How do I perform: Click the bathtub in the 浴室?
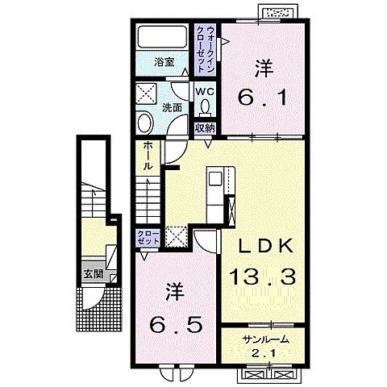click(162, 37)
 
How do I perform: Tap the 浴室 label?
click(164, 62)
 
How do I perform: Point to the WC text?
click(205, 91)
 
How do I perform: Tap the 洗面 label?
click(172, 108)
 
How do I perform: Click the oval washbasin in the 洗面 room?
click(145, 123)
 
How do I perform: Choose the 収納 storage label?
click(205, 129)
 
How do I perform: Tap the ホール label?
click(148, 156)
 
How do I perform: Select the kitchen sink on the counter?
click(215, 179)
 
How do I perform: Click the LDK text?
click(266, 246)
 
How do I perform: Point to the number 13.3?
click(262, 277)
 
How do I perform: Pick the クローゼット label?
click(148, 237)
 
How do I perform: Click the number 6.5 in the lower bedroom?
click(177, 324)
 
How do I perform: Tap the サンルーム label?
click(265, 339)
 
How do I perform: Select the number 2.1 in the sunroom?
click(264, 353)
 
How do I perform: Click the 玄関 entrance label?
click(94, 274)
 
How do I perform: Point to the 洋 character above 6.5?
click(175, 292)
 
